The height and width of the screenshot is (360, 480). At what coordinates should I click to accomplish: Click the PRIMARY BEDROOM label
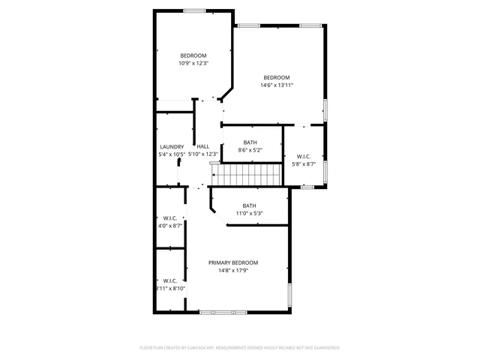[x=233, y=262]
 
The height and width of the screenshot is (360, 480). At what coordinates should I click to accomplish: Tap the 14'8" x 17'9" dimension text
[x=233, y=271]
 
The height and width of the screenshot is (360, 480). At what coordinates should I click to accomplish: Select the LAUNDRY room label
[x=172, y=146]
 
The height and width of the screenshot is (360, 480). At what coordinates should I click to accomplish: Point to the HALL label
[x=203, y=146]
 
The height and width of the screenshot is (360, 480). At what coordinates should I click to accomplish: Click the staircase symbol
[x=246, y=176]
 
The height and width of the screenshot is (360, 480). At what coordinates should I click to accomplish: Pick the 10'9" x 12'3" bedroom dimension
[x=193, y=63]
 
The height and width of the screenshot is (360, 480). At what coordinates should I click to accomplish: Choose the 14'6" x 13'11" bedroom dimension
[x=276, y=85]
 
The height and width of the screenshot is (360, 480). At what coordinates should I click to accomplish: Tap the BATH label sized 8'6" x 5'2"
[x=250, y=142]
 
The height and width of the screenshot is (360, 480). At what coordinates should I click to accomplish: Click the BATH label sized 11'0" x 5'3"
[x=249, y=205]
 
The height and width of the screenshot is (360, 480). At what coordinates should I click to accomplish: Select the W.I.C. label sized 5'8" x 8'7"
[x=304, y=156]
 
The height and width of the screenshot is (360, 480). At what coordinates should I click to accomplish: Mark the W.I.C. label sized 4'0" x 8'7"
[x=169, y=219]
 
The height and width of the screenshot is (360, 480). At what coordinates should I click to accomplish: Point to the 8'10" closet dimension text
[x=169, y=288]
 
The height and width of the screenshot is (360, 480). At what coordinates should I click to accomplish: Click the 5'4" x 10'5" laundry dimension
[x=172, y=154]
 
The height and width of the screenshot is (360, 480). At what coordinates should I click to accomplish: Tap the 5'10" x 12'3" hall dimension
[x=203, y=154]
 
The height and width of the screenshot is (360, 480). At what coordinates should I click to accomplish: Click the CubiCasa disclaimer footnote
[x=240, y=348]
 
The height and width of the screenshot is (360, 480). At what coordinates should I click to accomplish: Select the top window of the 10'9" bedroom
[x=195, y=10]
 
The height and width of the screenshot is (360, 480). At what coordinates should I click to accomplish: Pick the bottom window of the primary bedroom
[x=223, y=311]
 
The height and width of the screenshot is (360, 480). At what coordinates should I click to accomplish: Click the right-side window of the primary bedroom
[x=290, y=294]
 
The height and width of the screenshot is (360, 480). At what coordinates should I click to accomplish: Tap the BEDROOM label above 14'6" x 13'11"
[x=276, y=77]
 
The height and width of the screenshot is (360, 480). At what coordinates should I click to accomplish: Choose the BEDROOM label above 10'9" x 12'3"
[x=193, y=55]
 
